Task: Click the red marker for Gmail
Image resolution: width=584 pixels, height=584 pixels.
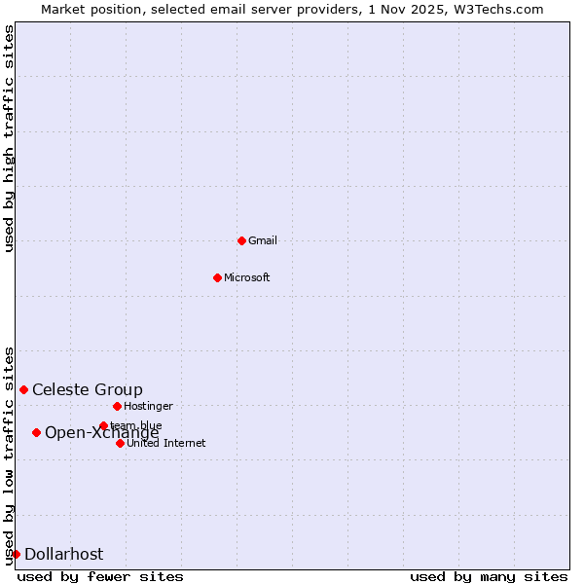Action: point(241,240)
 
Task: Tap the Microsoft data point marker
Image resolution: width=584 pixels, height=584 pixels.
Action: point(217,277)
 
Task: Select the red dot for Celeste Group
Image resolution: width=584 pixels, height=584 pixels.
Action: point(23,389)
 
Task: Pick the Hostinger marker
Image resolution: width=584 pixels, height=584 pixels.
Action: point(117,406)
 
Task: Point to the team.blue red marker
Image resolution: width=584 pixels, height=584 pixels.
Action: point(103,425)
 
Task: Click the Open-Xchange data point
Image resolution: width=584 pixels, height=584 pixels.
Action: point(36,432)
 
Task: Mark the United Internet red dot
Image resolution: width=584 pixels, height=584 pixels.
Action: point(120,443)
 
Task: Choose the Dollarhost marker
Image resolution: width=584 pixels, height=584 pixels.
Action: point(16,554)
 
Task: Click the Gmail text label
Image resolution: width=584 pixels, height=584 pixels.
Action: point(263,240)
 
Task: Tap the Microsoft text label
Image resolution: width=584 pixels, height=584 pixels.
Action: point(246,277)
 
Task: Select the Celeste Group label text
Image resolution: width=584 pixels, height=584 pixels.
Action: point(87,389)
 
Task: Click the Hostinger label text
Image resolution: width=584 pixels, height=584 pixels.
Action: point(148,406)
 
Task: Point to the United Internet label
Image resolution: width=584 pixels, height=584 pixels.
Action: point(165,443)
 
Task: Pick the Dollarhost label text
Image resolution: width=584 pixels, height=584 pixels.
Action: point(63,554)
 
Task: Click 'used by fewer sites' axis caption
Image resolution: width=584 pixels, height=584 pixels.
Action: point(100,576)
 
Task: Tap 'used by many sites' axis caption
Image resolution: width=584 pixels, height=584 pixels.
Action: point(489,576)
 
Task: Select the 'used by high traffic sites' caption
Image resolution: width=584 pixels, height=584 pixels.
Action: point(9,138)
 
